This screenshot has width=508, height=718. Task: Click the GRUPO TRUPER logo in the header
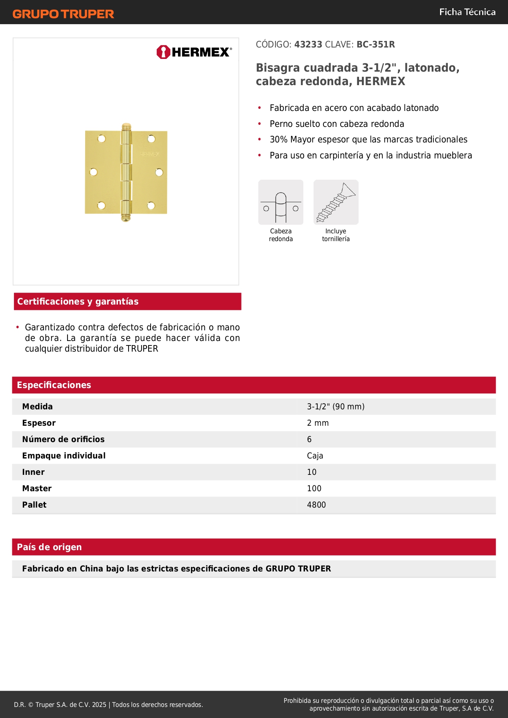(63, 14)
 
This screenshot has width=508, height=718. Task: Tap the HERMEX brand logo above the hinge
(194, 52)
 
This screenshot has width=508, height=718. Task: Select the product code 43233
(308, 45)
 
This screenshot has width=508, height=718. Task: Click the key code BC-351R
(375, 45)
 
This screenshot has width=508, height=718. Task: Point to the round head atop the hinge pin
(126, 126)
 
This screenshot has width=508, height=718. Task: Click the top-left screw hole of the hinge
(102, 139)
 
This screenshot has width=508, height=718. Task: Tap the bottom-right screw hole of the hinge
(151, 205)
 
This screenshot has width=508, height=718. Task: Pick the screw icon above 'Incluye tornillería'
(336, 202)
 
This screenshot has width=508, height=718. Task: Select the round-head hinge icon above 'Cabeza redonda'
(281, 202)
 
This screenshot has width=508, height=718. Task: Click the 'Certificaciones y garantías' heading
(78, 302)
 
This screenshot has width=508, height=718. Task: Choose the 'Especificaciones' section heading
(54, 385)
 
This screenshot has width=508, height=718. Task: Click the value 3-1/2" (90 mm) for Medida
(336, 406)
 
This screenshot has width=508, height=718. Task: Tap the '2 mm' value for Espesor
(318, 423)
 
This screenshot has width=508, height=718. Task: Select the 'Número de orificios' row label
(63, 439)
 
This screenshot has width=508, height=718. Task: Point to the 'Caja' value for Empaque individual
(315, 456)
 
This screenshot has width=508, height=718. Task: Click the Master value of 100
(314, 488)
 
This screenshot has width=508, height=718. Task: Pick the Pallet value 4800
(316, 505)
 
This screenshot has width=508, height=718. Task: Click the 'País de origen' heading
(49, 547)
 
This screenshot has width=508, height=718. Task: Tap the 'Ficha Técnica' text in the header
(467, 12)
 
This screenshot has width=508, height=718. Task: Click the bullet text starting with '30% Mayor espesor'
(368, 140)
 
